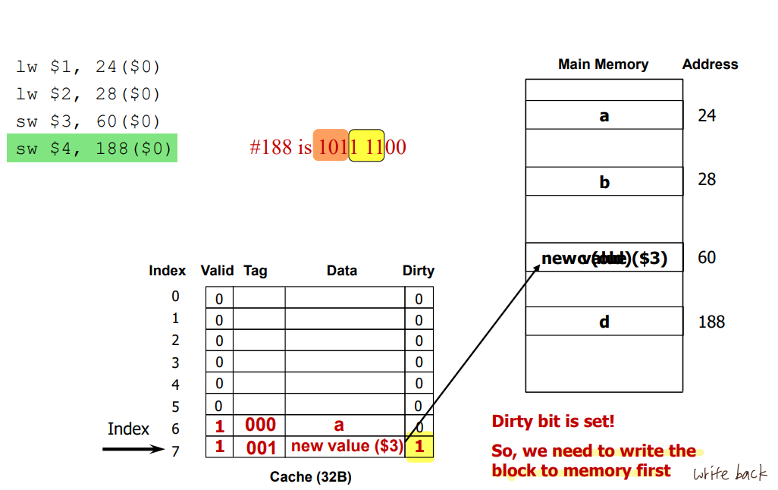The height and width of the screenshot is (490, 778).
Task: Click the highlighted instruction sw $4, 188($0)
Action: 92,149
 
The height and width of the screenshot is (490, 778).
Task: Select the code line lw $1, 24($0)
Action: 88,67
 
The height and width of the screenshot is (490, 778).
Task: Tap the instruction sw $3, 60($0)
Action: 88,121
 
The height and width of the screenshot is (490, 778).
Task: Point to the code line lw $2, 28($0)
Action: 88,94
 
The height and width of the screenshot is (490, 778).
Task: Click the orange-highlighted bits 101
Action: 331,146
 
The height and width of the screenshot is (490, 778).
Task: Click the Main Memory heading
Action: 603,64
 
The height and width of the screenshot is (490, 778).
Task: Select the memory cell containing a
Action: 604,116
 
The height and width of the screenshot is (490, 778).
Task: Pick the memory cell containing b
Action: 604,182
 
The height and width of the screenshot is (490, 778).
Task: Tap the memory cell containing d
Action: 604,322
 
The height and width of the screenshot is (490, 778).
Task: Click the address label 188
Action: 711,322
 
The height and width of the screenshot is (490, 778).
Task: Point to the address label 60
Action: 707,258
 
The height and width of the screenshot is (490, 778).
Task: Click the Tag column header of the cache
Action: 256,271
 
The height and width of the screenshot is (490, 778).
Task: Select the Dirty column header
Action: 418,271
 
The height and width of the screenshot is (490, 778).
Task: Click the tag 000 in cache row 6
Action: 260,425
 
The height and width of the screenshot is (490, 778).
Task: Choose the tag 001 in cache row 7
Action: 261,448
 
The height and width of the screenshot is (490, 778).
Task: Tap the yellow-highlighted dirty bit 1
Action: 419,448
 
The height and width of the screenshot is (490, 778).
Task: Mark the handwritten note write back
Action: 729,474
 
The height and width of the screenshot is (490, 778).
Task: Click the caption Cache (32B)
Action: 311,476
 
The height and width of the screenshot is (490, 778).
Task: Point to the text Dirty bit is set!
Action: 553,422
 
